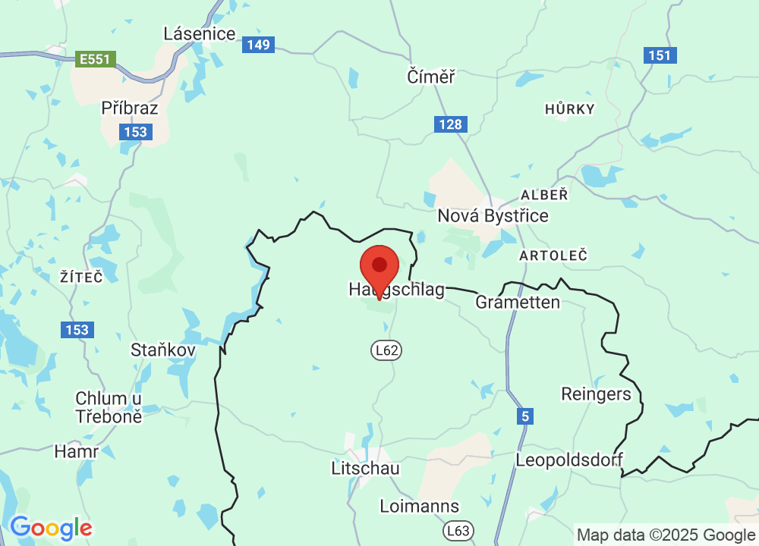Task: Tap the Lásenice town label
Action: (x=200, y=33)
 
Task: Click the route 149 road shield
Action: (x=258, y=45)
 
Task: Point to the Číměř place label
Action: (x=430, y=77)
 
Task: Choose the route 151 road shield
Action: (x=660, y=55)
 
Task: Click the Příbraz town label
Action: (x=130, y=108)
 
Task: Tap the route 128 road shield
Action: (x=451, y=124)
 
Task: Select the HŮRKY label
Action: (x=570, y=109)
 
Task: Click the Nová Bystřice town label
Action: (x=493, y=216)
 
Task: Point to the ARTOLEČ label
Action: (x=553, y=256)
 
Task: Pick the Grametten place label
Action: (x=518, y=303)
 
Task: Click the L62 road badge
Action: (x=386, y=350)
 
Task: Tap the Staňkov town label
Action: (x=163, y=350)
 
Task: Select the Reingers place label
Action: (x=596, y=394)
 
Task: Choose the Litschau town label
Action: (x=365, y=468)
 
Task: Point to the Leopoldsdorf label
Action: (x=569, y=460)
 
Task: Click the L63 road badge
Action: (x=458, y=530)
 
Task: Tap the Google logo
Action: (x=50, y=528)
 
